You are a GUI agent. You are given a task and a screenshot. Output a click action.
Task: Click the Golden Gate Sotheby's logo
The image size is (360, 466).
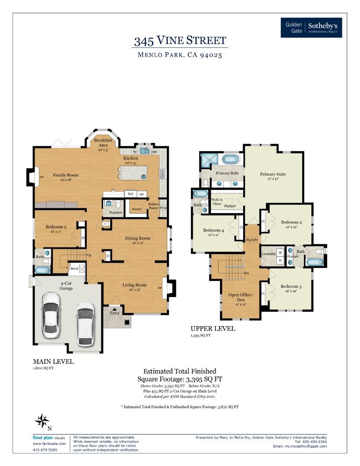pos(311,28)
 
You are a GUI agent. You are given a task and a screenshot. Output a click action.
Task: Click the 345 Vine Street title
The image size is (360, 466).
pos(180,41)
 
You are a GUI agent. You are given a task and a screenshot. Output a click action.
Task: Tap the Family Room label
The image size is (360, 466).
pos(66,175)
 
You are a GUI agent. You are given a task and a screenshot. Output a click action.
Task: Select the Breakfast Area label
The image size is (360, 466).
pos(103,142)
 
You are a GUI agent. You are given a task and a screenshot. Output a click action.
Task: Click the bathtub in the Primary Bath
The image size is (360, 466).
pos(230,159)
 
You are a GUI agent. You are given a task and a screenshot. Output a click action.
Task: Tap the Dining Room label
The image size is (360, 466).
pos(138,238)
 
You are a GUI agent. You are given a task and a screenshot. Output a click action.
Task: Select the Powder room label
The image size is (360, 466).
pos(116,212)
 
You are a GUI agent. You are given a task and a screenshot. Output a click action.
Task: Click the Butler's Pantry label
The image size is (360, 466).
pos(154,206)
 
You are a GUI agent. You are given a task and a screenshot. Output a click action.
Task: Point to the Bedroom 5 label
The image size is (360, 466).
pos(56,227)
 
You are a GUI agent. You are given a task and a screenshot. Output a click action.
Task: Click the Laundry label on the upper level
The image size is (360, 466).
pos(268,254)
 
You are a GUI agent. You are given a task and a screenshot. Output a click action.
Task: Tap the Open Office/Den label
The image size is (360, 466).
pos(240,297)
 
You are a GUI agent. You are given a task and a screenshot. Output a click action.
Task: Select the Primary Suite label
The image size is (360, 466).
pos(273,174)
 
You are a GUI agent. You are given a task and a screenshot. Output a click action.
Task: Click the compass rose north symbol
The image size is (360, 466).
pos(42,420)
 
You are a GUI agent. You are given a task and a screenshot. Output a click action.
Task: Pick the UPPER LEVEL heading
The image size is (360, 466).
pos(213,329)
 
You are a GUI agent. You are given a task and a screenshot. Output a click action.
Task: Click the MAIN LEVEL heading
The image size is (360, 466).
pos(53,362)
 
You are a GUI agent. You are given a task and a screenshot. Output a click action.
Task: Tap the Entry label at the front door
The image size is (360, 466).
pos(115,313)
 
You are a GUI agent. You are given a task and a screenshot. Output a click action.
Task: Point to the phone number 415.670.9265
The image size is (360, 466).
pos(45,450)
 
